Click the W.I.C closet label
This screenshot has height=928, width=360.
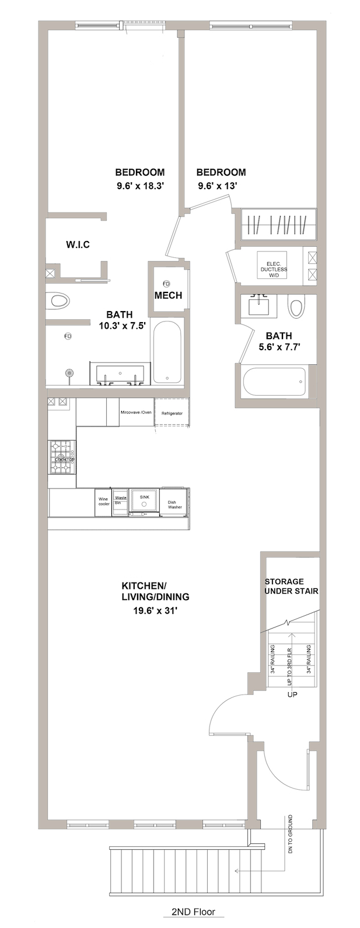click(78, 244)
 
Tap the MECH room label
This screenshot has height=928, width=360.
click(168, 295)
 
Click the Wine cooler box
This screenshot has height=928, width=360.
click(103, 502)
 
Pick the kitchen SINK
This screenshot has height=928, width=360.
click(144, 501)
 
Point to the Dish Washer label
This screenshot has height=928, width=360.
click(174, 504)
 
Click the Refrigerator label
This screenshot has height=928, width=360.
click(172, 413)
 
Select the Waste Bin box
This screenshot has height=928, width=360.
click(120, 502)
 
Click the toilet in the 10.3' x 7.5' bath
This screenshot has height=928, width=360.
click(59, 301)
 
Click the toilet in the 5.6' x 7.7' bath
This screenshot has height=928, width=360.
click(297, 307)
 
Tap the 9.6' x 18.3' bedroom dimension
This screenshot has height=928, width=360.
click(140, 187)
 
